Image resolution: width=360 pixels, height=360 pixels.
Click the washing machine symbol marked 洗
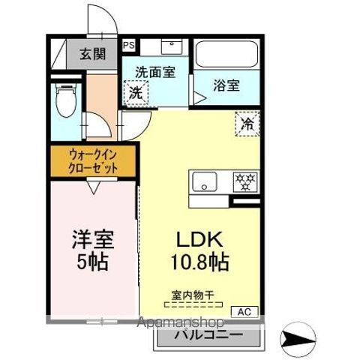coord(136,94)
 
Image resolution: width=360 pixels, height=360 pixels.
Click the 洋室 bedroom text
coord(92,240)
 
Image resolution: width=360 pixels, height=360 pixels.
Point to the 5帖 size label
coord(92,263)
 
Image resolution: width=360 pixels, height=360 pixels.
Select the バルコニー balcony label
coord(208,334)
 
